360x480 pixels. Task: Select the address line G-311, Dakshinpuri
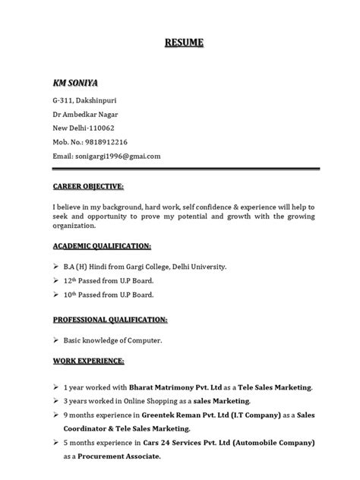click(84, 99)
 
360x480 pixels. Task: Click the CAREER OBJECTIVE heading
click(88, 186)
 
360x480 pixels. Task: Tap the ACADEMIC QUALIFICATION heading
click(102, 248)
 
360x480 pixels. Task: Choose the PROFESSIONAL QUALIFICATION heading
click(110, 321)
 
